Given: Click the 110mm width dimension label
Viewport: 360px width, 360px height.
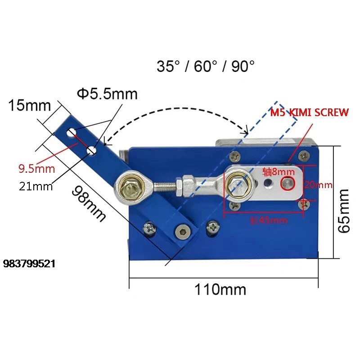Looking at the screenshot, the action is [220, 289].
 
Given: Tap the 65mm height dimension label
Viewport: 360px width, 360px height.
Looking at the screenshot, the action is [344, 211].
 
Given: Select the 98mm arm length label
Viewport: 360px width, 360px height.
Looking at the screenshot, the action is [89, 204].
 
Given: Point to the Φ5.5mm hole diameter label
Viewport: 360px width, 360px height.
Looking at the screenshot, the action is [107, 94].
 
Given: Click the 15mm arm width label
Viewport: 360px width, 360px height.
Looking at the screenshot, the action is [29, 106].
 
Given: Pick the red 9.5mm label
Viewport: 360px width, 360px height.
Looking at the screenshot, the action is [37, 169].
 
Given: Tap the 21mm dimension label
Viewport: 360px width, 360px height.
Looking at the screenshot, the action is [36, 186].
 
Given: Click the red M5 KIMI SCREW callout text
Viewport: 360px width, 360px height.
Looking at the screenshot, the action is [309, 112].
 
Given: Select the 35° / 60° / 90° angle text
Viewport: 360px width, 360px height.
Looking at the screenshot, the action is [206, 66].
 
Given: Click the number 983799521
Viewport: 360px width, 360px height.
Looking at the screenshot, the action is [29, 264].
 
